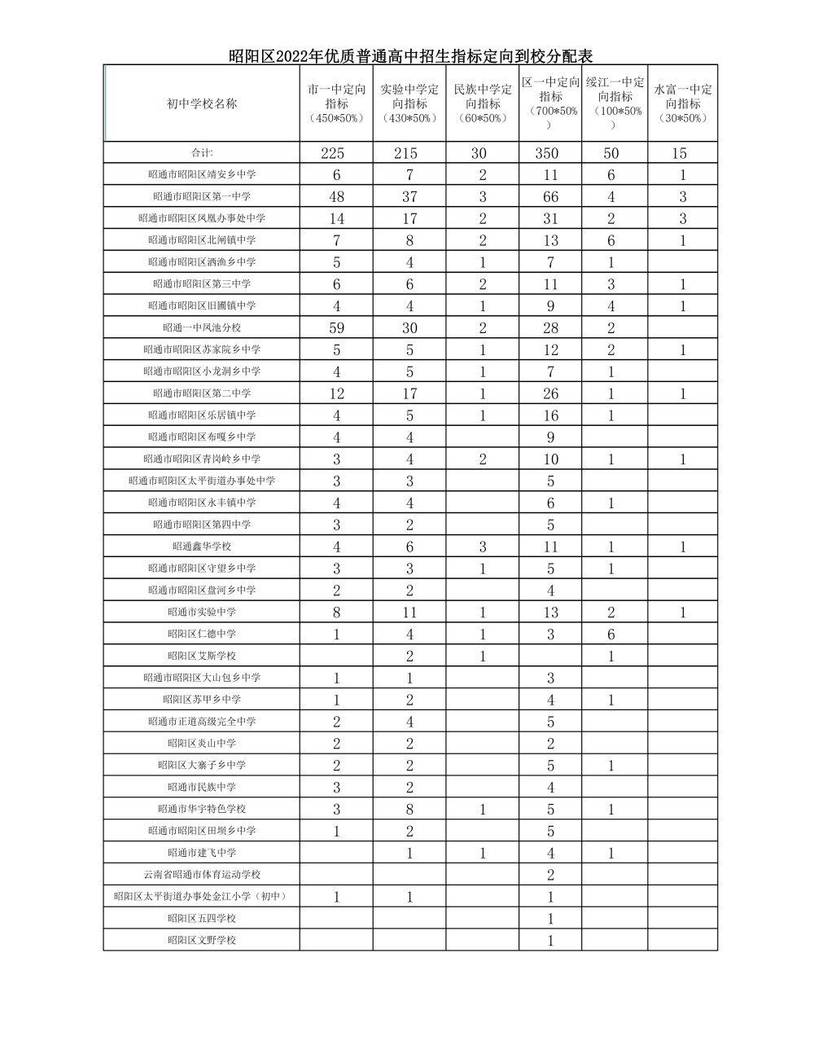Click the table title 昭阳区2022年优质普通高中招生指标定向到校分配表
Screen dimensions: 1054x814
(x=410, y=56)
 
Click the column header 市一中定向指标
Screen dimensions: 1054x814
(x=336, y=103)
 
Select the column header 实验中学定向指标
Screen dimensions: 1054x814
(x=409, y=103)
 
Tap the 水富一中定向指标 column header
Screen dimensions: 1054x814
(x=683, y=103)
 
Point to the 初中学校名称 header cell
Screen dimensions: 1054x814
(x=202, y=103)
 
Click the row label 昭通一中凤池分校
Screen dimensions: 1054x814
(x=202, y=327)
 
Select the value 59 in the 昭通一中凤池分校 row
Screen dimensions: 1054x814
(x=336, y=328)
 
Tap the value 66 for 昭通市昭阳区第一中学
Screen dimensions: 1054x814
(x=551, y=197)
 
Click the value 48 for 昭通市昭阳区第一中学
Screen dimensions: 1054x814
(x=336, y=197)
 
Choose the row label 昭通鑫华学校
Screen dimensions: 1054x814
(x=202, y=547)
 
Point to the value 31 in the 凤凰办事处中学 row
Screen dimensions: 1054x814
(x=551, y=219)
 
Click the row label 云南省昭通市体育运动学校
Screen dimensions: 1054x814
(x=202, y=875)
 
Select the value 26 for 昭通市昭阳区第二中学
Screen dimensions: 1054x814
(x=551, y=394)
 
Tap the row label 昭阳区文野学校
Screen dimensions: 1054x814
(x=202, y=940)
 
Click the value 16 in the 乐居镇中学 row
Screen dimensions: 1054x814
(x=551, y=415)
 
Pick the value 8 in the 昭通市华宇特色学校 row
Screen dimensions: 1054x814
(x=409, y=810)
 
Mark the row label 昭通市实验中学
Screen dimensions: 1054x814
(x=202, y=612)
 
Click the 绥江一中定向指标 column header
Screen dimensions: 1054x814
(x=615, y=103)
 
